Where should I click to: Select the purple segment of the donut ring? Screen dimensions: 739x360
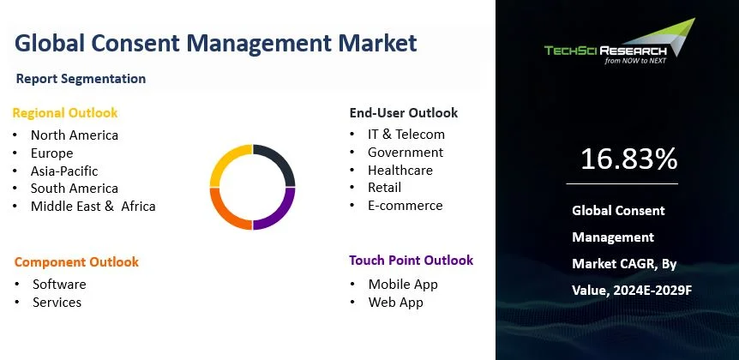[x=282, y=216]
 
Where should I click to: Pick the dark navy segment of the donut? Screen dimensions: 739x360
[x=282, y=158]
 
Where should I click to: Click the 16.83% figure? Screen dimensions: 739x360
[x=628, y=159]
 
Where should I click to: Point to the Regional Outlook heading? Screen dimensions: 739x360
[x=65, y=113]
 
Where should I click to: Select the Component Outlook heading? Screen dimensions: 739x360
[x=76, y=262]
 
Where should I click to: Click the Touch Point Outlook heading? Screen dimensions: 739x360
[x=411, y=260]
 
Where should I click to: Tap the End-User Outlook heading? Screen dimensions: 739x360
[x=404, y=113]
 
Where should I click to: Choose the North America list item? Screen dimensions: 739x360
[x=75, y=135]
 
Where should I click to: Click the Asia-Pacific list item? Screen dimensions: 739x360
[x=64, y=171]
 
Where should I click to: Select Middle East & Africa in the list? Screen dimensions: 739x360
[x=93, y=207]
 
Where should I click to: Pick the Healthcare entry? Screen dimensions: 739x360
[x=400, y=170]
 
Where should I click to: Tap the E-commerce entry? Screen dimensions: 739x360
[x=406, y=206]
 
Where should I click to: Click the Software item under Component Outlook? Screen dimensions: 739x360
[x=59, y=285]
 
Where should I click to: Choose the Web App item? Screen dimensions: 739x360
[x=396, y=302]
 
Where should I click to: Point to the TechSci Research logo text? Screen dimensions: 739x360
[x=605, y=51]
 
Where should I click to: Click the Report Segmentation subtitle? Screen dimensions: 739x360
[x=81, y=79]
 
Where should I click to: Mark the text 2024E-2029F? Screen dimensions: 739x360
[x=652, y=291]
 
